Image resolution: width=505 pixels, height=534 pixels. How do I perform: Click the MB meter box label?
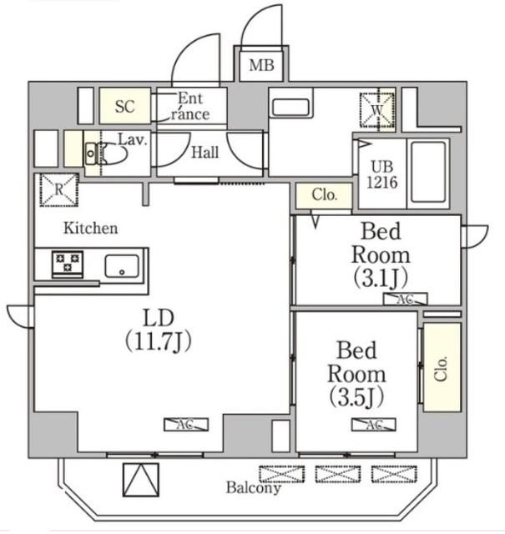(261, 65)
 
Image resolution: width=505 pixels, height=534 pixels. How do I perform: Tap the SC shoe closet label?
(125, 107)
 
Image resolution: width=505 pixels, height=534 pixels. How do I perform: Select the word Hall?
(205, 152)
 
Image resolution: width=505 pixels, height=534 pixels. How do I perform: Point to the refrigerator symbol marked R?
(59, 189)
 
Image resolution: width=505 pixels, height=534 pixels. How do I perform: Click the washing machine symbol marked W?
(376, 110)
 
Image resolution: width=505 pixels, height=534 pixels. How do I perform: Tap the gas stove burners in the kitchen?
(68, 264)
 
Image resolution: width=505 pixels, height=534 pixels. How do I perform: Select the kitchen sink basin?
(122, 266)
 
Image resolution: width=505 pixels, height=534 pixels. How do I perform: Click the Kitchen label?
(91, 228)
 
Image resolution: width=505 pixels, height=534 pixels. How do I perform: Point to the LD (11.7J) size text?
(159, 330)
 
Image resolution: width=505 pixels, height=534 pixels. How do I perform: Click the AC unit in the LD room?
(186, 425)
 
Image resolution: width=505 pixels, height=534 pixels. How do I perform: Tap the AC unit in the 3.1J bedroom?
(405, 299)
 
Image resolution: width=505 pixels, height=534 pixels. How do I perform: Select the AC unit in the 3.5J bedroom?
(374, 425)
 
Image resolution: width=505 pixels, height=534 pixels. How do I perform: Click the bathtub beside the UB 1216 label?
(428, 173)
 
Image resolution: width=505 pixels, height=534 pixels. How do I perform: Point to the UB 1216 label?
(382, 174)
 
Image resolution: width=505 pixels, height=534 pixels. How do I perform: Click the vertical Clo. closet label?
(441, 369)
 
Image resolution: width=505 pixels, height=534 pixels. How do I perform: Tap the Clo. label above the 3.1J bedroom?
(324, 194)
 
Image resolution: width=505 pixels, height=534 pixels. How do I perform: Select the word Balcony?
(254, 488)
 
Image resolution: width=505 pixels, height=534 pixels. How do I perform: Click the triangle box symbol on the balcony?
(141, 480)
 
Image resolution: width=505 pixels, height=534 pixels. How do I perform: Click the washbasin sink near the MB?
(290, 108)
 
